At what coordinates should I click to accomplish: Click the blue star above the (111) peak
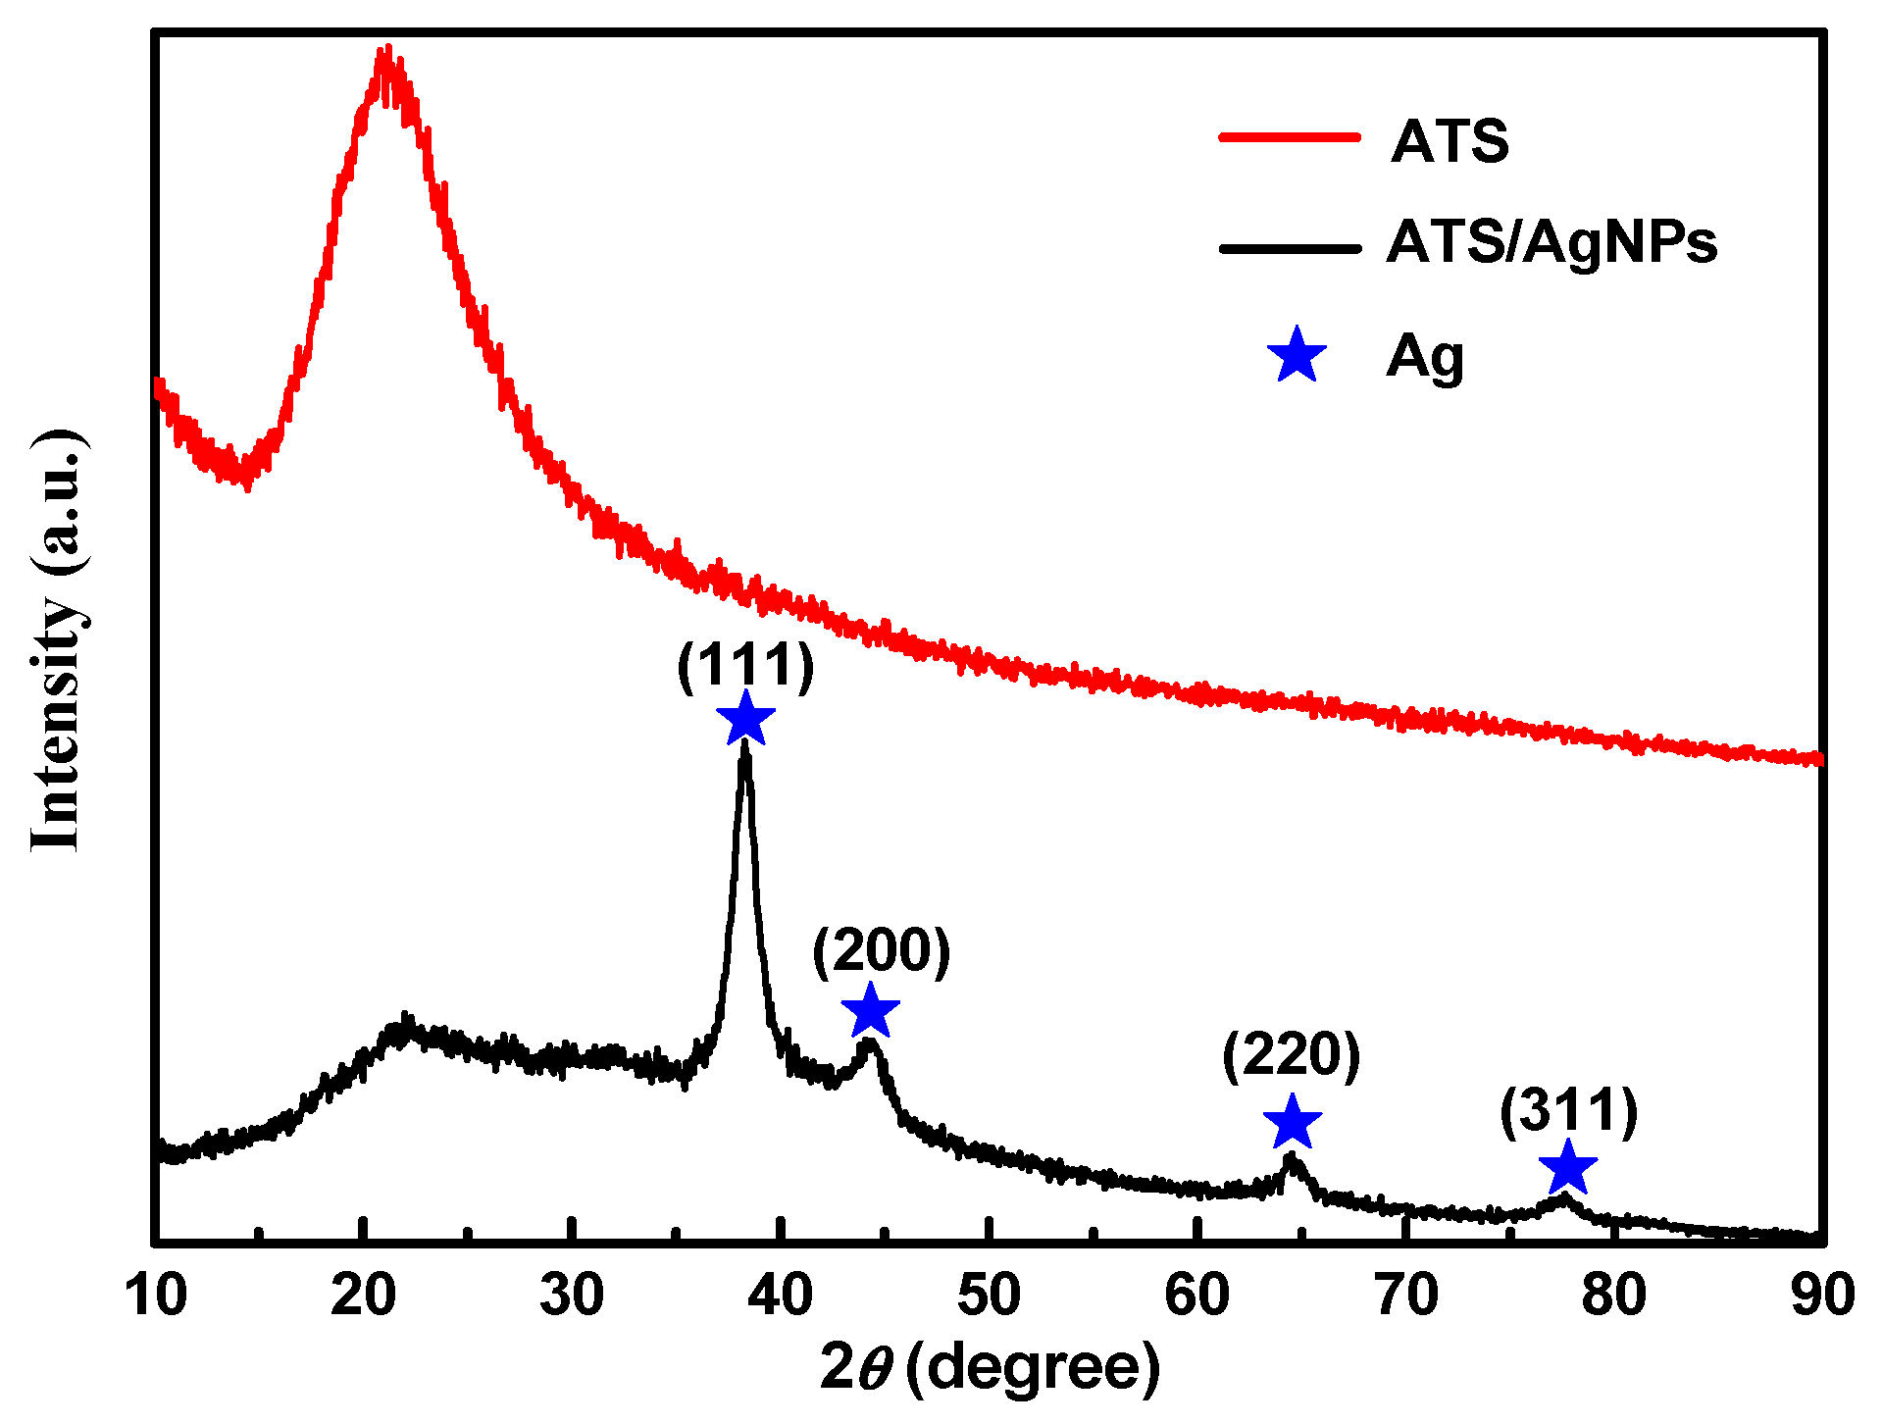(x=745, y=719)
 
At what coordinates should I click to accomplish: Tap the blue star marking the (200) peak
(x=870, y=1011)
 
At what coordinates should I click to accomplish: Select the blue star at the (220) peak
(x=1292, y=1123)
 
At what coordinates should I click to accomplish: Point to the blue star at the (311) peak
(x=1567, y=1168)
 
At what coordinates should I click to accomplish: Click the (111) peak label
(x=745, y=666)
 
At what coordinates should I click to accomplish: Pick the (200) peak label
(x=881, y=950)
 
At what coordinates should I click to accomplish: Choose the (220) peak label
(x=1291, y=1055)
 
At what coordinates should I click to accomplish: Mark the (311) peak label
(x=1568, y=1111)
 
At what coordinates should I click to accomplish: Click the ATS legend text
(x=1450, y=141)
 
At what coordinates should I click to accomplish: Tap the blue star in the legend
(x=1297, y=356)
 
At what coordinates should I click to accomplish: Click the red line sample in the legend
(x=1289, y=138)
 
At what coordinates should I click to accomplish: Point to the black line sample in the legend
(x=1289, y=248)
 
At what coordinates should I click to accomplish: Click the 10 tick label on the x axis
(x=156, y=1295)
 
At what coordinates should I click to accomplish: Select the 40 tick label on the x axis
(x=780, y=1295)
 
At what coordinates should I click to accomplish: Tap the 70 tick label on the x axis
(x=1406, y=1295)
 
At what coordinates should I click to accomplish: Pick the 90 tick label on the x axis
(x=1822, y=1295)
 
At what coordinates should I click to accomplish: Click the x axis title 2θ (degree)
(x=991, y=1367)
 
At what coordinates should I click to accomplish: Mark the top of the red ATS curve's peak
(x=388, y=49)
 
